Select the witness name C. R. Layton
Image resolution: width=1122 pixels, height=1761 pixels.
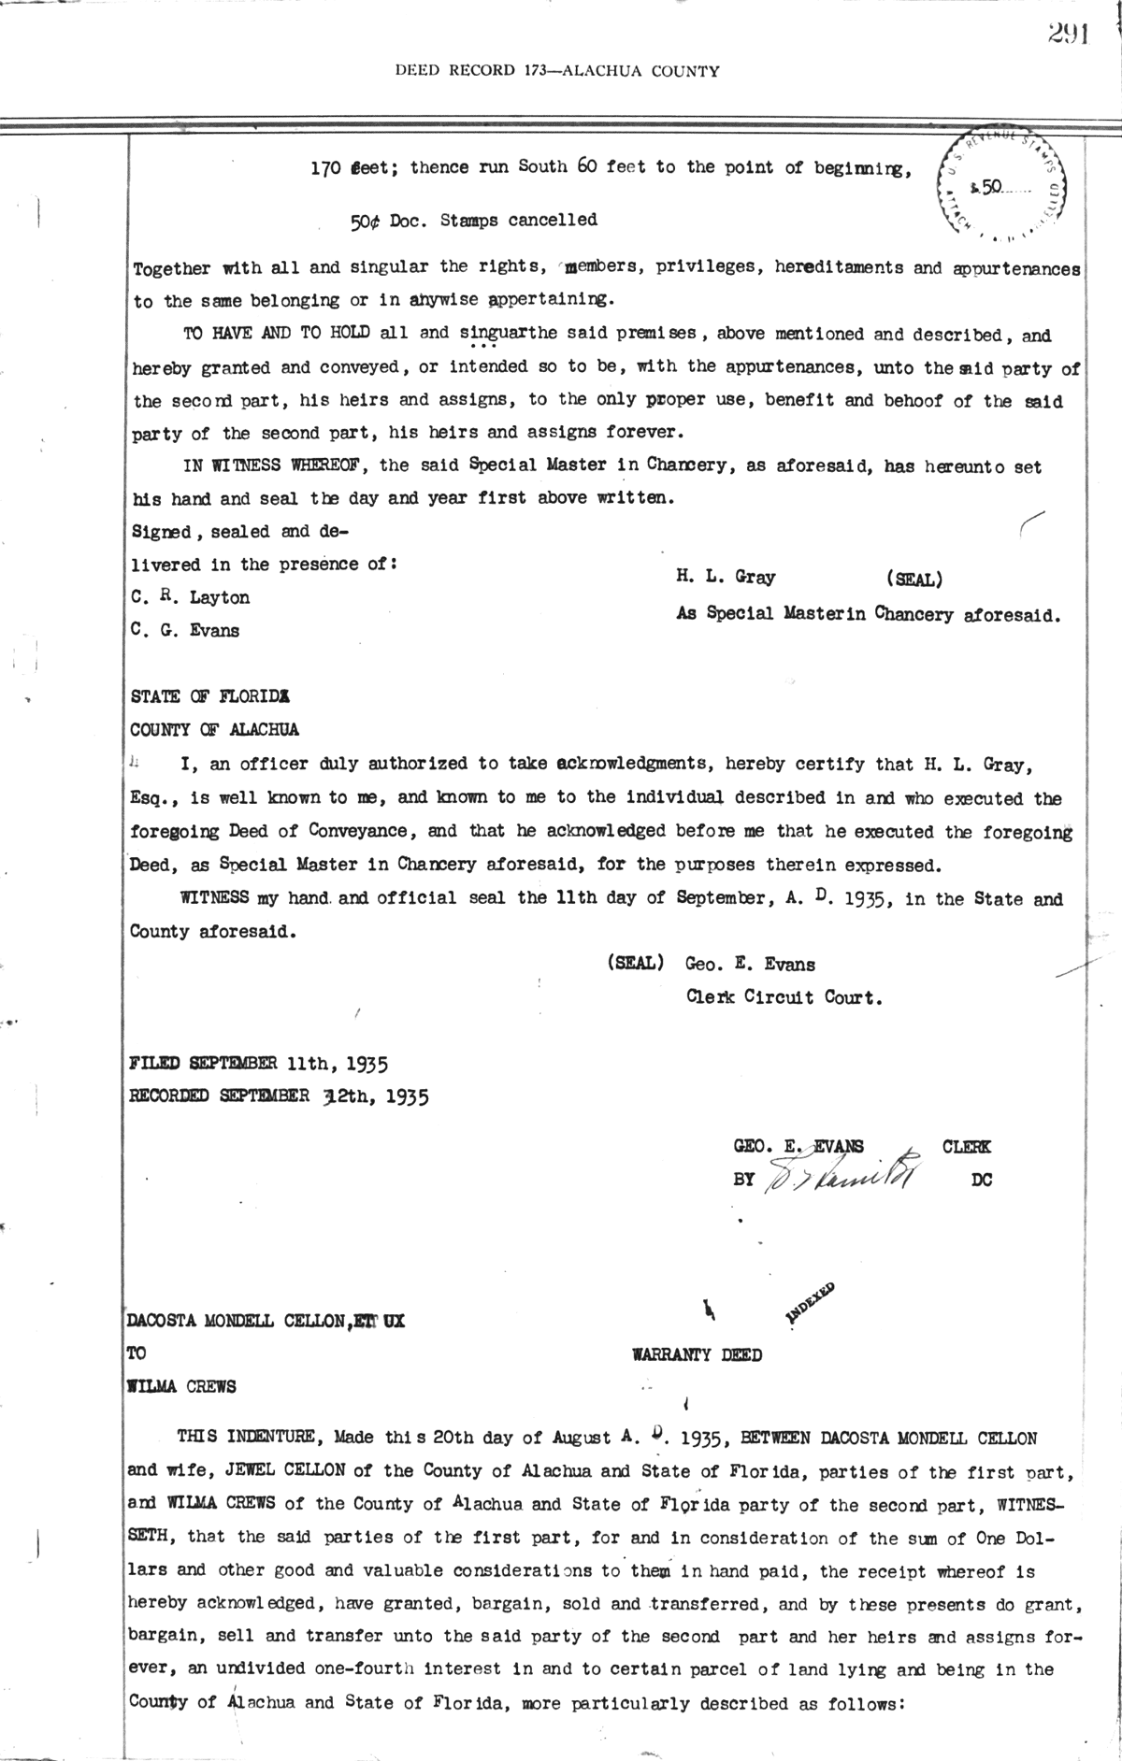tap(190, 597)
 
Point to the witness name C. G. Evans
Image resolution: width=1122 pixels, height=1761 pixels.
tap(185, 630)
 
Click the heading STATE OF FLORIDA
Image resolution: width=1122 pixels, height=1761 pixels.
tap(210, 696)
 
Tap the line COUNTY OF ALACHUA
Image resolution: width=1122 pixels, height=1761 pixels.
tap(215, 729)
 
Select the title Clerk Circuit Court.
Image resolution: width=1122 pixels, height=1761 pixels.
tap(784, 996)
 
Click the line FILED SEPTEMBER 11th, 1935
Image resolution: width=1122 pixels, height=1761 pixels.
tap(258, 1063)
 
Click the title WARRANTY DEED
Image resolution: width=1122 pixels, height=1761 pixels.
tap(697, 1354)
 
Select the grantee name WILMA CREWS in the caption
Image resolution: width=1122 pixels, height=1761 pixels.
tap(182, 1386)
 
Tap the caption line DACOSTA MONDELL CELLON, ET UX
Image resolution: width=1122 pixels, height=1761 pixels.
tap(266, 1322)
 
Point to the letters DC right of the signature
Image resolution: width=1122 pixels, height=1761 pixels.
tap(981, 1180)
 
